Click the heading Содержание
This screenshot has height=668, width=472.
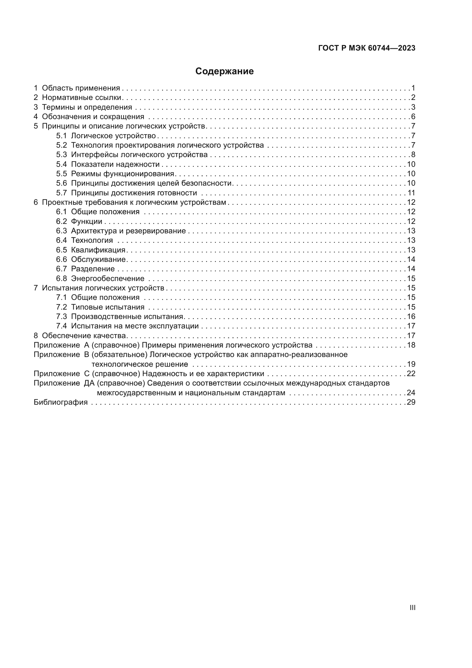coord(224,71)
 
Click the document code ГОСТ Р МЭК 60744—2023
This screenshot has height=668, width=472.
coord(367,48)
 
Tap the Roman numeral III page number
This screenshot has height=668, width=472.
coord(412,607)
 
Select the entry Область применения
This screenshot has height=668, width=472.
coord(81,88)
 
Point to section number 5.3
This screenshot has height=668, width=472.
coord(61,155)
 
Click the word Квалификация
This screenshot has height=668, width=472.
coord(98,250)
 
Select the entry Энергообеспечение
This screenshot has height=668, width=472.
coord(108,278)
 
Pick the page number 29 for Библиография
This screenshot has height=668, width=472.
coord(411,402)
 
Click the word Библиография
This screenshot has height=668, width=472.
coord(61,402)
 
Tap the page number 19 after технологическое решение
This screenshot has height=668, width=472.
coord(411,364)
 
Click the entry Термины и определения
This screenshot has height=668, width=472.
coord(87,107)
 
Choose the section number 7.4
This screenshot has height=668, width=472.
coord(61,326)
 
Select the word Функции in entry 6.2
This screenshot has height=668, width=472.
coord(87,221)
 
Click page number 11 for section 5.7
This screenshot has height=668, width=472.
coord(411,193)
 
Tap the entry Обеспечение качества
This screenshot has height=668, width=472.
coord(84,336)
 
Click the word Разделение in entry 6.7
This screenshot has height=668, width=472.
coord(93,269)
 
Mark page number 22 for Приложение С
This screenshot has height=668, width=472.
coord(411,374)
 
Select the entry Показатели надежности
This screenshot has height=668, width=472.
coord(115,165)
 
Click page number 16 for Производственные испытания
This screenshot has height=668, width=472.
coord(411,316)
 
